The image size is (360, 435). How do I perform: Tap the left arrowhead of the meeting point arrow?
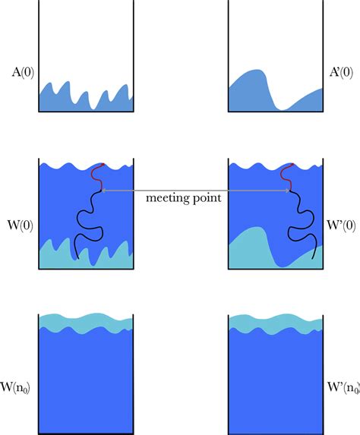coord(103,191)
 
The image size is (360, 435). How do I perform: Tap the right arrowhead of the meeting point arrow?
coord(289,191)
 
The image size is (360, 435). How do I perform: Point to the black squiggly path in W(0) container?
coord(86,220)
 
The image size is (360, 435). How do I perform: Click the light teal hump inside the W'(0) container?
coord(254,247)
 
